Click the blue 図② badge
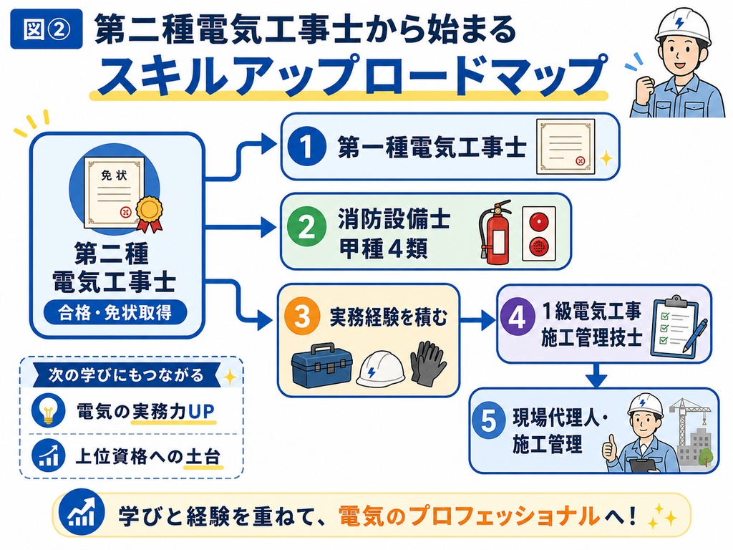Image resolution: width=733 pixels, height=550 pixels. (47, 29)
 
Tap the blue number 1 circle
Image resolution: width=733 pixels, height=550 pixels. (306, 146)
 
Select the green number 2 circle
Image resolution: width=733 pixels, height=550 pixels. (306, 228)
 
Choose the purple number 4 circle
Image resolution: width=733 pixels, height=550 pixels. (518, 317)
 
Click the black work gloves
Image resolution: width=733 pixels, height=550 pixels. (428, 363)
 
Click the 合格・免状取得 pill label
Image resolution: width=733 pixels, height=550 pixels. (115, 313)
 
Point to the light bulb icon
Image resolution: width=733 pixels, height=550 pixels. (49, 410)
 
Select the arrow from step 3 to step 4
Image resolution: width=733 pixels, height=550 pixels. (477, 320)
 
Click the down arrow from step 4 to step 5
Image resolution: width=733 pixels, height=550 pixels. (596, 375)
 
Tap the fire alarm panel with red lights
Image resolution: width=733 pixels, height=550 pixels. (539, 233)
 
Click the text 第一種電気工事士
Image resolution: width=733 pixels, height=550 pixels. (432, 146)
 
